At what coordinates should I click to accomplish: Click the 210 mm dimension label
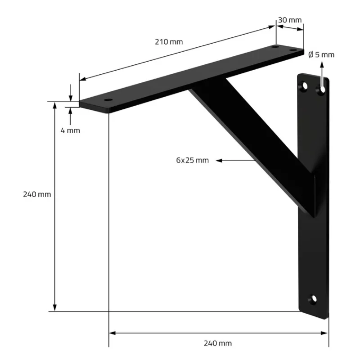[x=169, y=42]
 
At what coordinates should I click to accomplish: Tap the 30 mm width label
[x=289, y=20]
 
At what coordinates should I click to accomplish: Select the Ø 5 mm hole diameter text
[x=321, y=54]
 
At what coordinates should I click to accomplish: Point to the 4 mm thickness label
[x=70, y=130]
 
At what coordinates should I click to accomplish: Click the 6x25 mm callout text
[x=192, y=160]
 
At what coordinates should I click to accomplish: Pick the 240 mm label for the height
[x=37, y=194]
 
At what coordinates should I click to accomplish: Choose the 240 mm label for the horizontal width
[x=218, y=343]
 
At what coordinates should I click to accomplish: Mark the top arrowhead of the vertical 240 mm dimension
[x=55, y=105]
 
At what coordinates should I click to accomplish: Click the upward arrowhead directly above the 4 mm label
[x=71, y=111]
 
